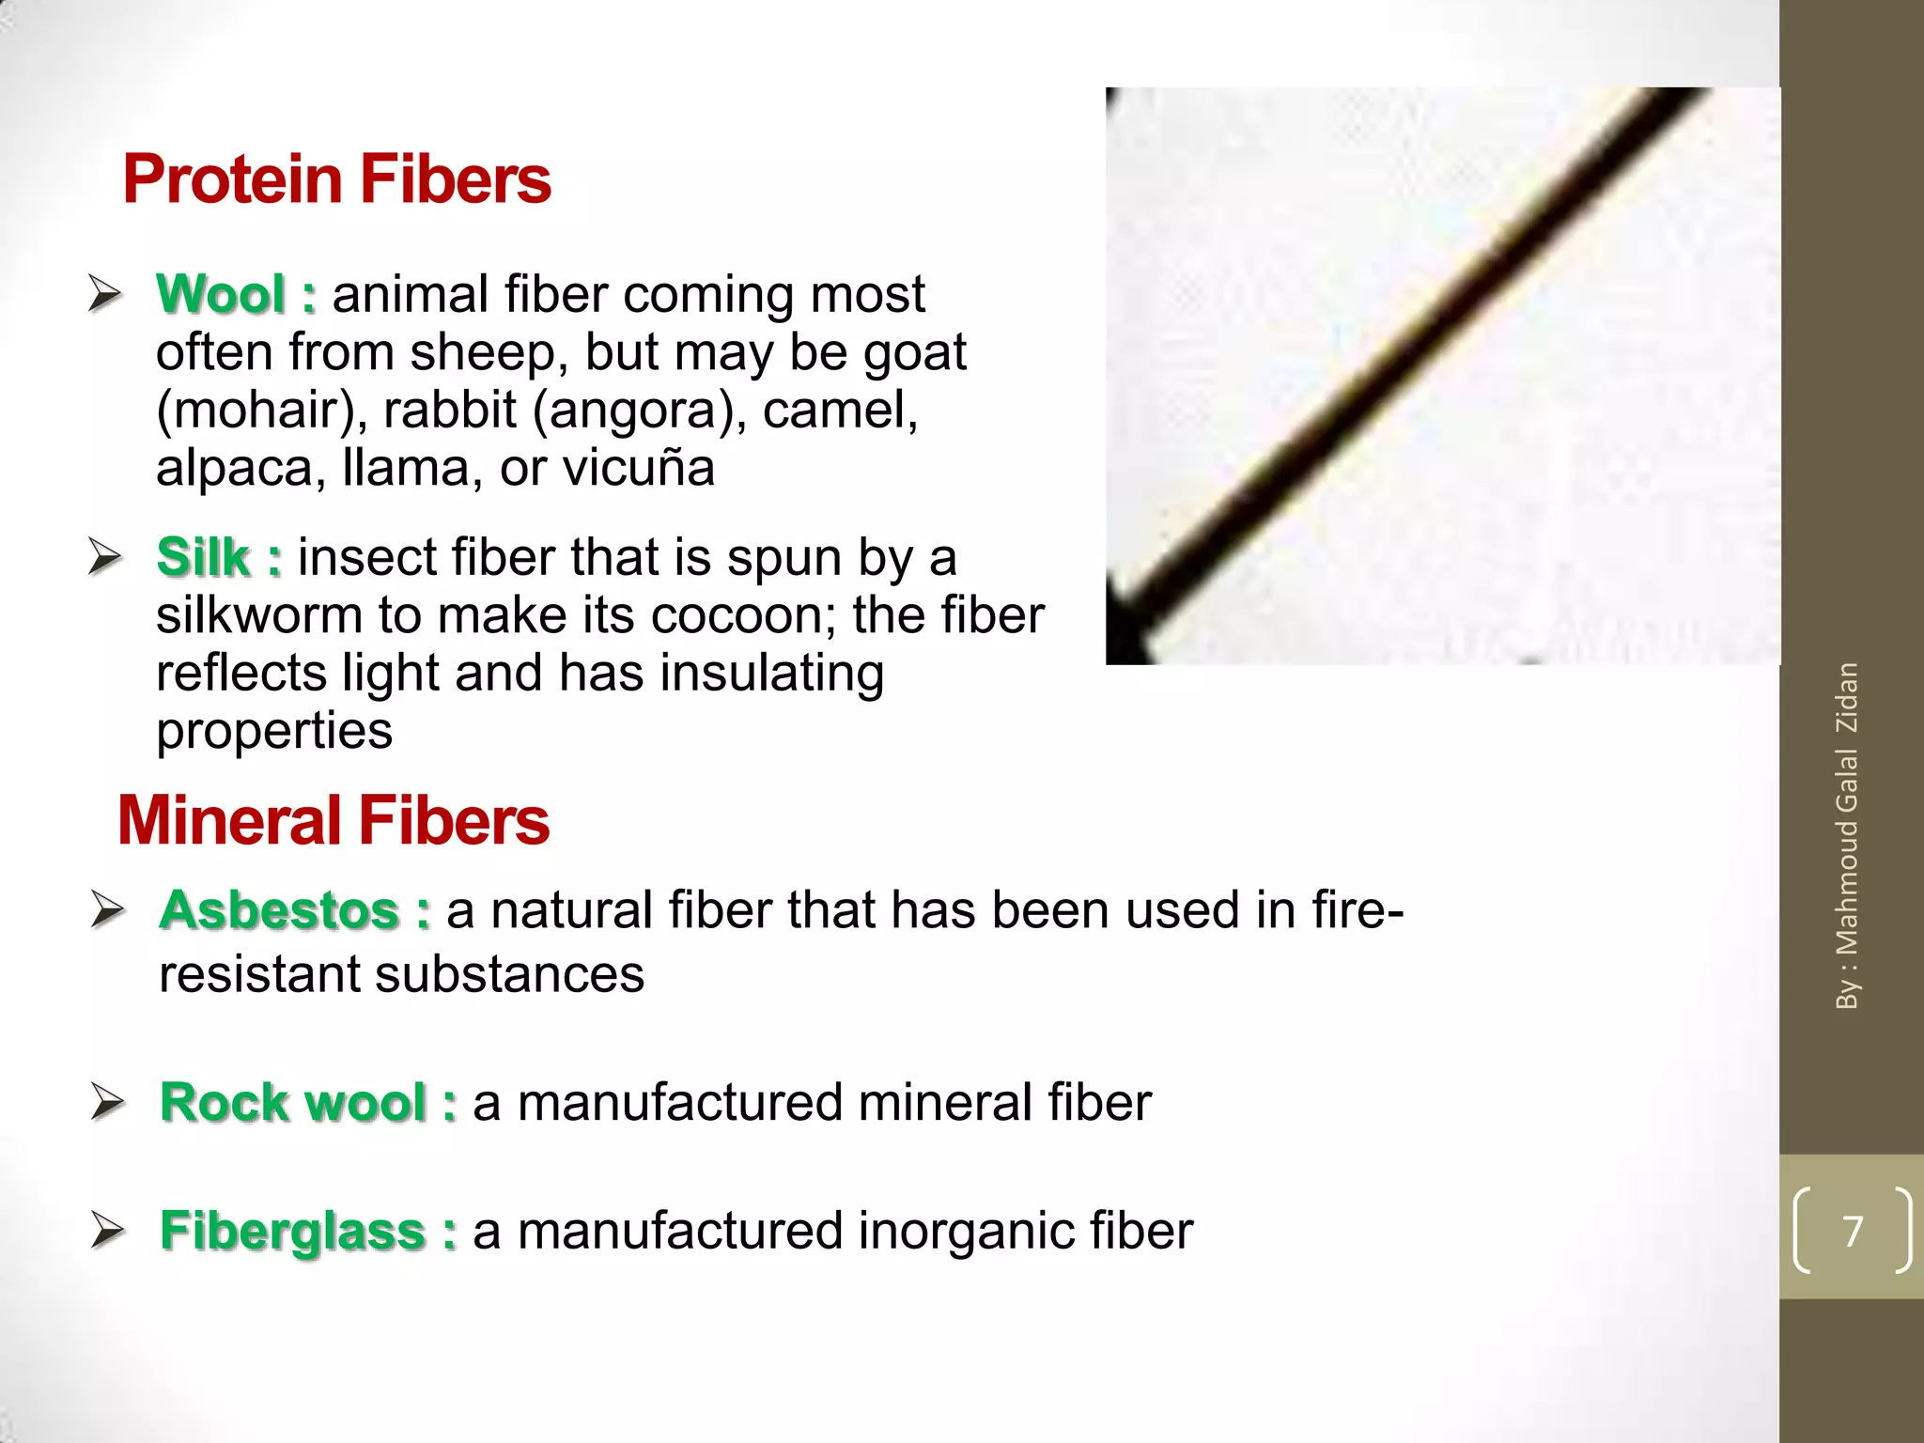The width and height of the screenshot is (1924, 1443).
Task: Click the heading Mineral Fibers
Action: [334, 820]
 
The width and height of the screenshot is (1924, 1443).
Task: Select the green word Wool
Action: [221, 294]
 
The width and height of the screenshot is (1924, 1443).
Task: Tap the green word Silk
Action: [203, 557]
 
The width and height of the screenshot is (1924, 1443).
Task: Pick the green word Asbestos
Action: [280, 910]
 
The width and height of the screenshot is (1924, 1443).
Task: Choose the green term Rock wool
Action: [293, 1102]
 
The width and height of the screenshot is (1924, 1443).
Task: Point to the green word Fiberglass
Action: [293, 1231]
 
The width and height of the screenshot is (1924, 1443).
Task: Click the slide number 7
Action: [1853, 1231]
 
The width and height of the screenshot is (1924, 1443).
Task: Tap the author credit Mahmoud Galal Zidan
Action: [1847, 836]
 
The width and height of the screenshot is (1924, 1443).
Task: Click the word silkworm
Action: [259, 615]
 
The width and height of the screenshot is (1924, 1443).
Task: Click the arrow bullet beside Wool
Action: [105, 294]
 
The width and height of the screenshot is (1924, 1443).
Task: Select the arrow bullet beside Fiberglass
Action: [108, 1231]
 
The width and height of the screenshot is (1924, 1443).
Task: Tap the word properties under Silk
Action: [274, 731]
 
